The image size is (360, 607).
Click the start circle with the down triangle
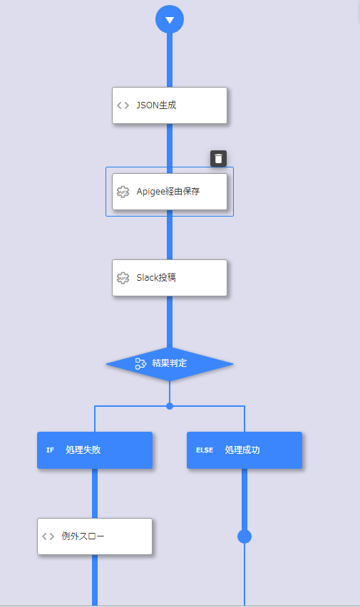[x=170, y=19]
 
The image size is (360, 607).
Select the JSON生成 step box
[x=170, y=105]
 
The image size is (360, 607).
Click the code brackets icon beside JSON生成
[x=123, y=105]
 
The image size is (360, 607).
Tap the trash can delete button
[x=219, y=158]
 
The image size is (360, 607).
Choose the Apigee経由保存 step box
[x=170, y=192]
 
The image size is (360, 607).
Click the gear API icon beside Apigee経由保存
[x=123, y=192]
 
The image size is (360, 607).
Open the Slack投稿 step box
[x=170, y=278]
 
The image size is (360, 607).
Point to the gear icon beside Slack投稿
[x=123, y=278]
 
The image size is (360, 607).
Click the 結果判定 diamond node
[x=170, y=364]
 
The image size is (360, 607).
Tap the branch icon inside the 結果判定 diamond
[x=140, y=363]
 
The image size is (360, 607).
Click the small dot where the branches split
[x=170, y=406]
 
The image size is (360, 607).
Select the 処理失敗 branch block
[x=95, y=450]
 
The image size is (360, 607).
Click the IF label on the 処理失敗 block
[x=50, y=450]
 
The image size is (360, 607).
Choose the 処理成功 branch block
[x=244, y=450]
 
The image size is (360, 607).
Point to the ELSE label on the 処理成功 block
[x=205, y=450]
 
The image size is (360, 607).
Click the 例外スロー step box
[x=95, y=536]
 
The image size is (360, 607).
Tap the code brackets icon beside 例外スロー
[x=48, y=536]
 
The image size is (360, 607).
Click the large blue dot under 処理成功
[x=244, y=536]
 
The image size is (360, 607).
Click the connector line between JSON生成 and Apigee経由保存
[x=170, y=149]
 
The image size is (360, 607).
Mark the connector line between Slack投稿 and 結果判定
[x=170, y=322]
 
